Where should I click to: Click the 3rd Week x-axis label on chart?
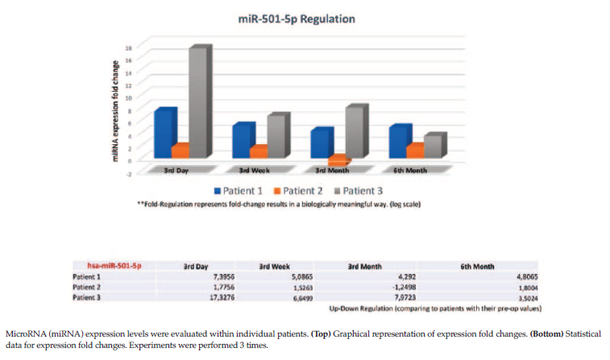(x=255, y=171)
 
